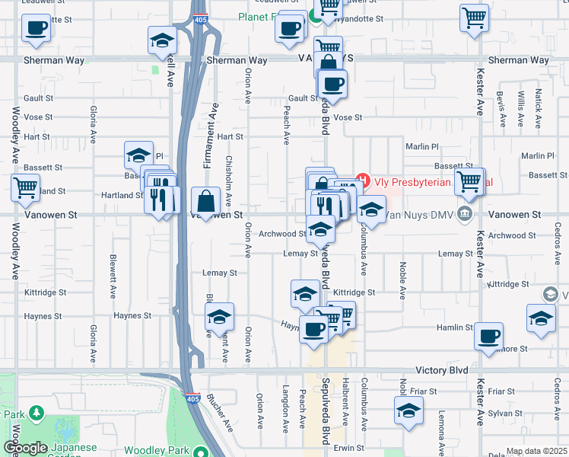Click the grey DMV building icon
pyautogui.click(x=464, y=216)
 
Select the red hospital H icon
pyautogui.click(x=362, y=181)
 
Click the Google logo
pyautogui.click(x=25, y=448)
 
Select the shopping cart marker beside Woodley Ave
pyautogui.click(x=25, y=187)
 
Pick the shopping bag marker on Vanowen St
pyautogui.click(x=206, y=201)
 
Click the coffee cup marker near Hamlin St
pyautogui.click(x=488, y=335)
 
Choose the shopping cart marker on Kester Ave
pyautogui.click(x=469, y=181)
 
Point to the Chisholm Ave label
pyautogui.click(x=228, y=183)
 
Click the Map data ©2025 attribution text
pyautogui.click(x=536, y=451)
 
